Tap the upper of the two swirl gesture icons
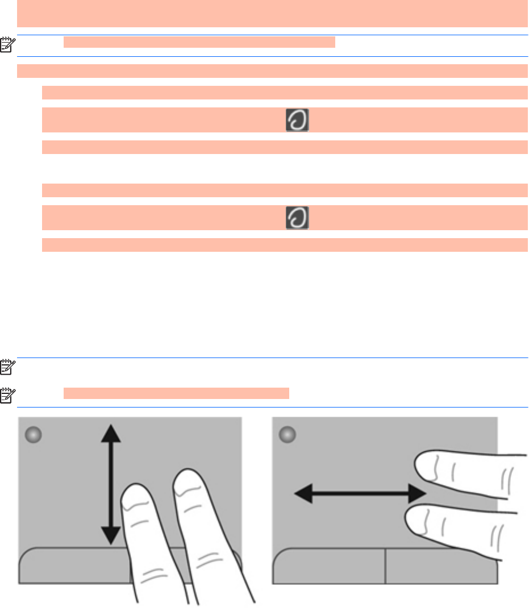297,120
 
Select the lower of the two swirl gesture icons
297,218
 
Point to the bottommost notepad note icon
7,393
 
